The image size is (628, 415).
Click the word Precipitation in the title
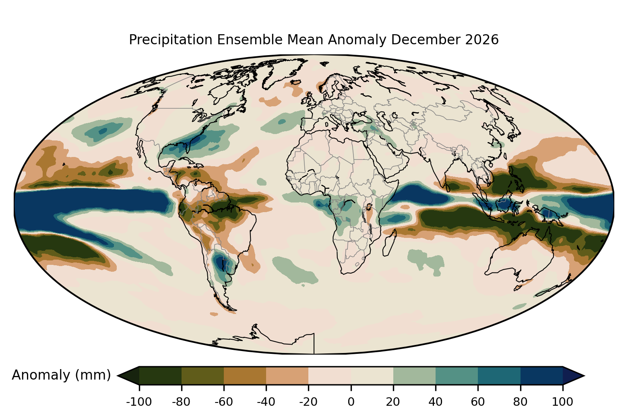(170, 40)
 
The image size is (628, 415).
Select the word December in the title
(425, 40)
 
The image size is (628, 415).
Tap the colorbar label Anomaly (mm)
(62, 375)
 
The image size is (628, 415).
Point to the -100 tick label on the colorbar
(139, 402)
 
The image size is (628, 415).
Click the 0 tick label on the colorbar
(351, 402)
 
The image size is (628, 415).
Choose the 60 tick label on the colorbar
(478, 402)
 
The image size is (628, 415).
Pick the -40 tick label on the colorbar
(266, 402)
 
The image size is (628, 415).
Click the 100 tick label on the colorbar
(562, 402)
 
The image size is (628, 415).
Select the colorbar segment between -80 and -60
(203, 376)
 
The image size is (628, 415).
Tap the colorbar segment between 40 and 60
(457, 376)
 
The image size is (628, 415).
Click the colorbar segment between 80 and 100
(542, 376)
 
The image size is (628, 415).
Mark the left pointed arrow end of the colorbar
(117, 376)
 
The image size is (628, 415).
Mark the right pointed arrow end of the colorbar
(585, 376)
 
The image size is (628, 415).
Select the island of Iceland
(295, 82)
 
